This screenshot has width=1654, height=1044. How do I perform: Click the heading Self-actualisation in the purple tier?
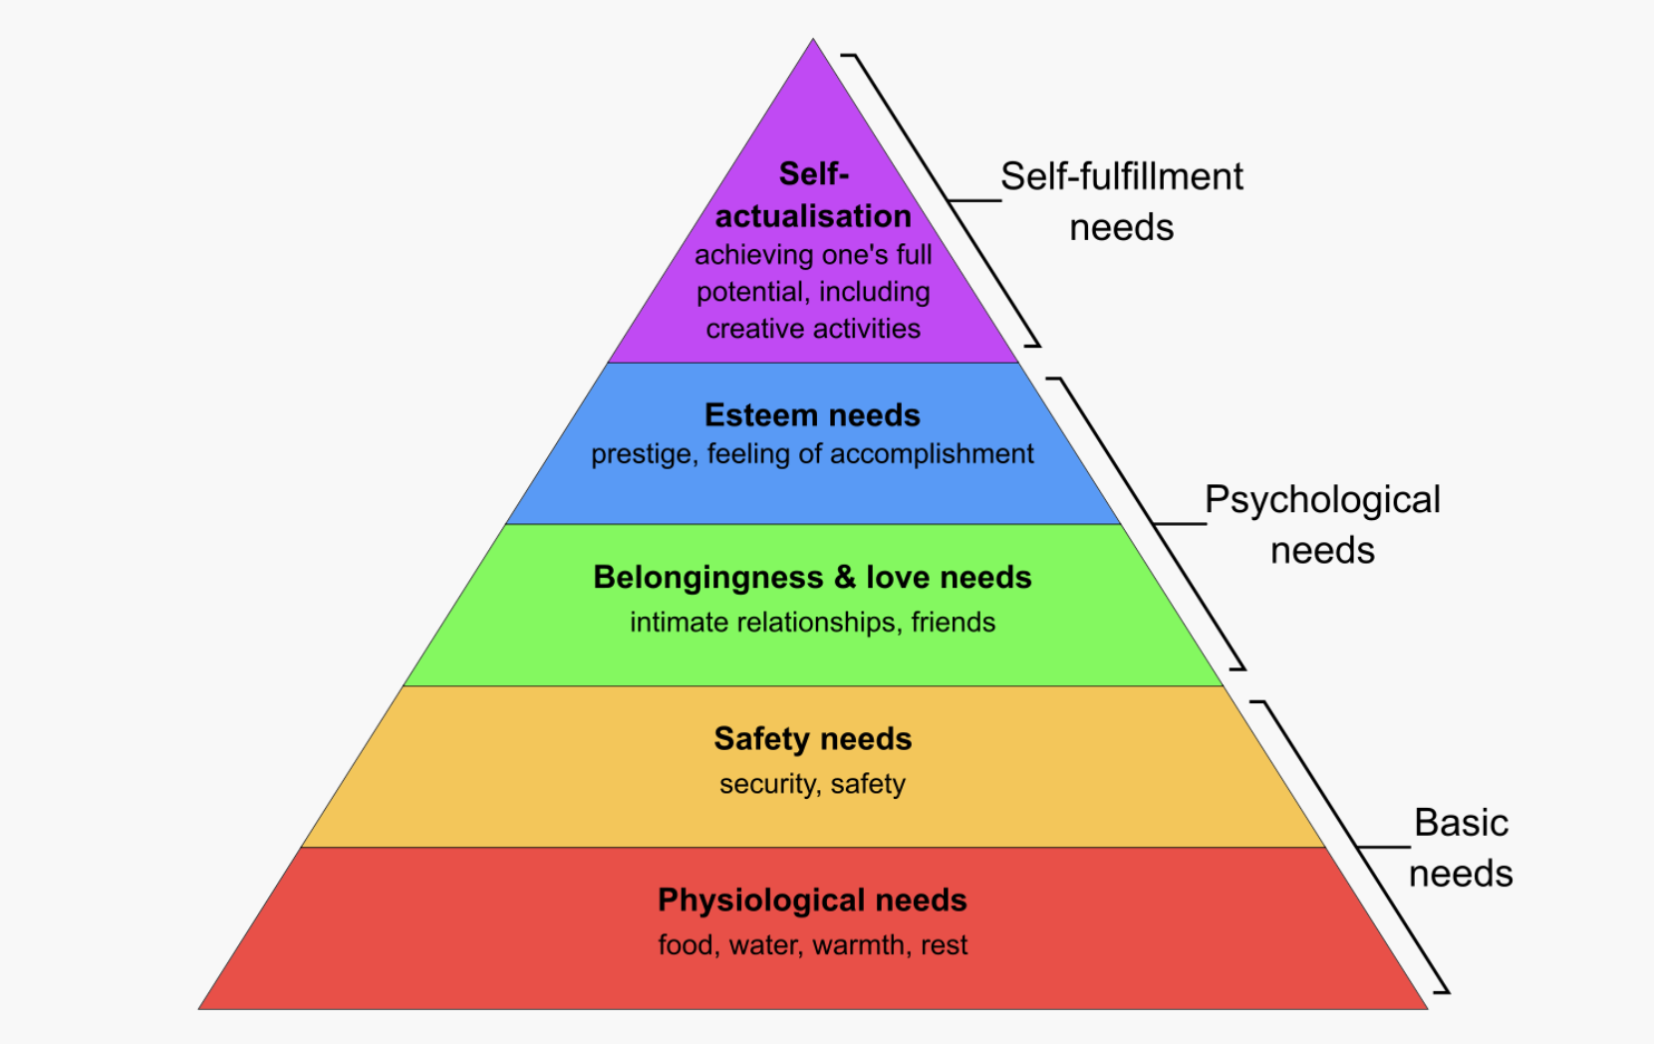pyautogui.click(x=813, y=195)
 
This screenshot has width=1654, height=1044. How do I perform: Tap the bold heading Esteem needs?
pyautogui.click(x=812, y=414)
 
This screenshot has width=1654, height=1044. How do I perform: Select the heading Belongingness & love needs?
pyautogui.click(x=812, y=577)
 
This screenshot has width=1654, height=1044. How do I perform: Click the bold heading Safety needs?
pyautogui.click(x=812, y=738)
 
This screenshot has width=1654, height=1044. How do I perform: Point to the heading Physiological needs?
pyautogui.click(x=812, y=900)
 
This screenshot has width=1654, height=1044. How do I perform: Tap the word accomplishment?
pyautogui.click(x=932, y=454)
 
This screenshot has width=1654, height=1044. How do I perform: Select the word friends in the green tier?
pyautogui.click(x=953, y=622)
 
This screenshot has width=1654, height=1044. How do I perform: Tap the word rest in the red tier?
pyautogui.click(x=944, y=944)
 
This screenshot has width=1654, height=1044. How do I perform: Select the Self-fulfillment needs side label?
pyautogui.click(x=1122, y=201)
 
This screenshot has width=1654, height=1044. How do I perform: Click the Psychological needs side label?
pyautogui.click(x=1322, y=524)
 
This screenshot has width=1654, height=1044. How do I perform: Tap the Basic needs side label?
pyautogui.click(x=1461, y=848)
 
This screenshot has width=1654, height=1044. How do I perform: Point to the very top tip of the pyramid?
pyautogui.click(x=813, y=42)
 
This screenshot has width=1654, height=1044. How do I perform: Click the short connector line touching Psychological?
pyautogui.click(x=1179, y=523)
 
